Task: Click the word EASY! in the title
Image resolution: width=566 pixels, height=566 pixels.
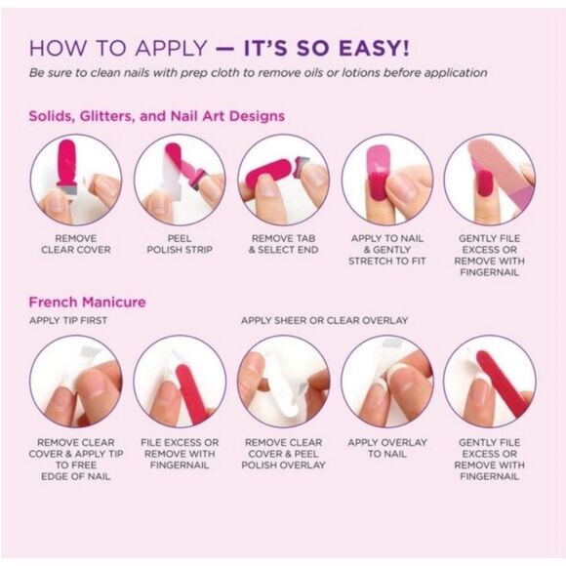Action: click(375, 49)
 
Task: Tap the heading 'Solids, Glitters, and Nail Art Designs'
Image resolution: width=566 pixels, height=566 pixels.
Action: click(157, 116)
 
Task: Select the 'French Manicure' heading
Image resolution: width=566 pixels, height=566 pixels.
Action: click(88, 302)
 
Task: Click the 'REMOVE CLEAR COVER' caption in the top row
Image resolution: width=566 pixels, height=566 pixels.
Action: click(76, 244)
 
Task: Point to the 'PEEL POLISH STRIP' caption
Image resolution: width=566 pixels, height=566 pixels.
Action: click(180, 244)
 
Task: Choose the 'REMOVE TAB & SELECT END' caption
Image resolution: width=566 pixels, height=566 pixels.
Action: click(283, 244)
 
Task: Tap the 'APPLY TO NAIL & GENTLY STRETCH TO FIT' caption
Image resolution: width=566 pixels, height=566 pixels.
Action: click(387, 250)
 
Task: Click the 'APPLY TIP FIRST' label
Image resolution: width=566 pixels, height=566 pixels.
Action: click(68, 320)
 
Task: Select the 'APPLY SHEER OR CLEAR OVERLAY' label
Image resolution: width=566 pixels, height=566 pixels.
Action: click(325, 320)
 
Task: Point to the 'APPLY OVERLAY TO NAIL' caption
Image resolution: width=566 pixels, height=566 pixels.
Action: click(387, 448)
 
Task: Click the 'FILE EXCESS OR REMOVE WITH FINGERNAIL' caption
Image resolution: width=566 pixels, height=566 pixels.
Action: click(180, 454)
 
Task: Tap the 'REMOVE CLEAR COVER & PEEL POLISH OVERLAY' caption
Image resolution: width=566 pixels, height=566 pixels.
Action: click(283, 454)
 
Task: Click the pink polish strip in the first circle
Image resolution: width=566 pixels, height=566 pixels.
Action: click(66, 164)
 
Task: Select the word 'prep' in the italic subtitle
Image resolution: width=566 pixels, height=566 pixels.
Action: click(193, 73)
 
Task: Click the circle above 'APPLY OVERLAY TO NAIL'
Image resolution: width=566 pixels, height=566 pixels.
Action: click(387, 382)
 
